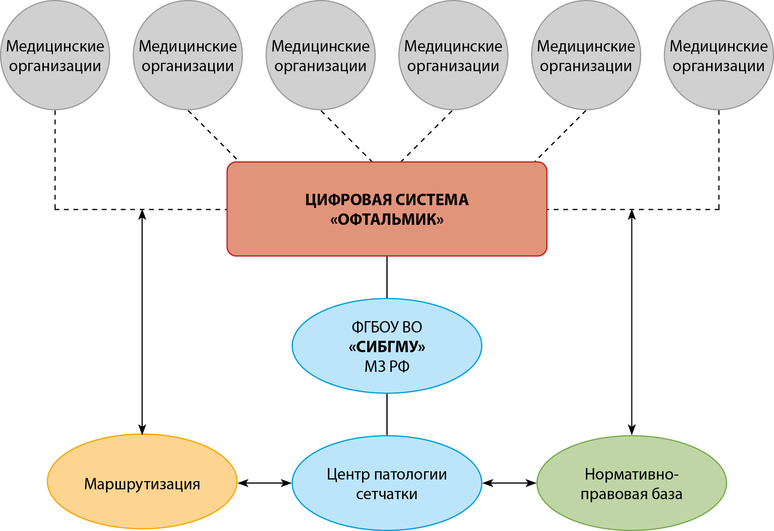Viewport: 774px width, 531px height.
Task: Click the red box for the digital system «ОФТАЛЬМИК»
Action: click(387, 240)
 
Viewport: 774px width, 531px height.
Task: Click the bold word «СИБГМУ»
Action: click(387, 347)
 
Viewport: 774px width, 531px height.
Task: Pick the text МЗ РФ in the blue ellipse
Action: click(387, 367)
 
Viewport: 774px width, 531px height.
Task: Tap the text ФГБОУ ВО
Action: click(387, 327)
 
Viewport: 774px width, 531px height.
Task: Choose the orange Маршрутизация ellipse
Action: click(142, 507)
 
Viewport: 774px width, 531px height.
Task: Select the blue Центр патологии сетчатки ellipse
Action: click(387, 515)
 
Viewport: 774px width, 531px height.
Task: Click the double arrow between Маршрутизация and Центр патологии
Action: click(265, 483)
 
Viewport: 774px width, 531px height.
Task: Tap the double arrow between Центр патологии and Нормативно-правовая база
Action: click(509, 483)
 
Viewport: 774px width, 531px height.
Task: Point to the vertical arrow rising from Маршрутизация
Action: click(142, 322)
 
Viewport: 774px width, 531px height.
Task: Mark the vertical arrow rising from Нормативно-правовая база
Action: click(631, 322)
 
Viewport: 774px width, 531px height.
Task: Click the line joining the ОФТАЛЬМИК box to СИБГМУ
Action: click(387, 277)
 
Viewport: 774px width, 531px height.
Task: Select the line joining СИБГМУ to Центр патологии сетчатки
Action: click(387, 414)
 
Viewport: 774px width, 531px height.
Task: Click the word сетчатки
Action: click(387, 494)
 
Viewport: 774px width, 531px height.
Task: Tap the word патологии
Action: click(410, 474)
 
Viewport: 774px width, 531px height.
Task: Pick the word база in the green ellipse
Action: click(667, 494)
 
